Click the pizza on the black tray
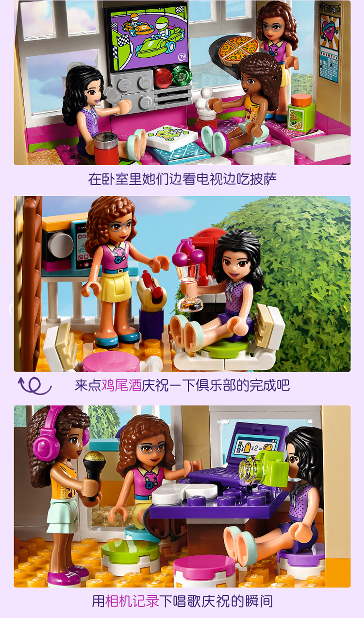pyautogui.click(x=239, y=50)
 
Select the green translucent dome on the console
pyautogui.click(x=182, y=74)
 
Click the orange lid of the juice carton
pyautogui.click(x=301, y=99)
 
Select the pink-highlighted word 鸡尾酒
pyautogui.click(x=121, y=385)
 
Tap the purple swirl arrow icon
pyautogui.click(x=34, y=385)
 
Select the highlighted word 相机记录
pyautogui.click(x=132, y=601)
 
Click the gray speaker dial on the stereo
pyautogui.click(x=61, y=245)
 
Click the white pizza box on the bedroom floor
pyautogui.click(x=171, y=137)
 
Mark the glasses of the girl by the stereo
pyautogui.click(x=120, y=226)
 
